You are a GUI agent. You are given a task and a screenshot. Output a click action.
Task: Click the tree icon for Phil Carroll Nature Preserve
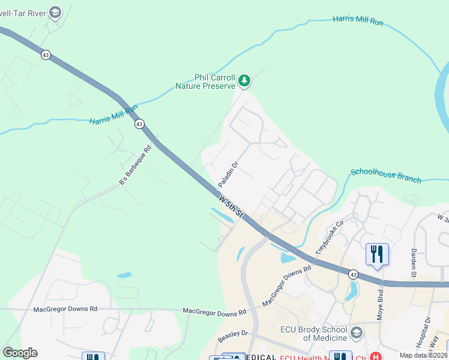click(x=244, y=80)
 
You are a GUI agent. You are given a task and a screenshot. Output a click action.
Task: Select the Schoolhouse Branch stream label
click(x=386, y=175)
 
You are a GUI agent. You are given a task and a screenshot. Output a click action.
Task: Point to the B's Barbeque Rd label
click(x=135, y=164)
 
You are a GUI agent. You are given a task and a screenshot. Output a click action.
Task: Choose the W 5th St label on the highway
click(x=231, y=205)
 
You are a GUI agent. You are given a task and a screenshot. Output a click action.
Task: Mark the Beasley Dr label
click(x=233, y=337)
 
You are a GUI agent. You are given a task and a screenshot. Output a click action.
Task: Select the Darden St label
click(x=414, y=262)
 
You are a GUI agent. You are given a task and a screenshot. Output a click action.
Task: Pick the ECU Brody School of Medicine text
click(x=313, y=334)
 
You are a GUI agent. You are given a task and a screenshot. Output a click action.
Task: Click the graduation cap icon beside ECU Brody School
click(x=357, y=332)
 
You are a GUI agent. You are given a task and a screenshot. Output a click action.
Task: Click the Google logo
click(x=20, y=353)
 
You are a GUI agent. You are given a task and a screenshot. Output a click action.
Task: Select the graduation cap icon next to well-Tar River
click(x=55, y=12)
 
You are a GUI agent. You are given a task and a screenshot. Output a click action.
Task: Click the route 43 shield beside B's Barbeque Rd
click(x=139, y=124)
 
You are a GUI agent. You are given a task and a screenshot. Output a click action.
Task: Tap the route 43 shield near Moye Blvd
click(x=354, y=274)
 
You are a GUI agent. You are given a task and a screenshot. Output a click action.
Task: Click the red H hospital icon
click(x=376, y=357)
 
